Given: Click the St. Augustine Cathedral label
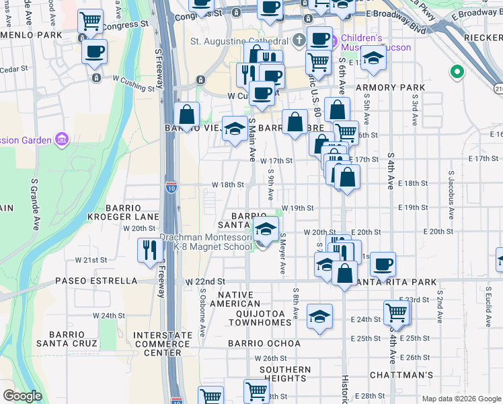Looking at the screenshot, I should [239, 42].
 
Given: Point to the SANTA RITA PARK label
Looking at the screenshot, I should [397, 282].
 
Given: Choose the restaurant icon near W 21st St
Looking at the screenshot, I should [149, 250].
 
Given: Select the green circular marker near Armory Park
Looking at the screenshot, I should [457, 71].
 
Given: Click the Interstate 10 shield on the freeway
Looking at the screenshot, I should [171, 186].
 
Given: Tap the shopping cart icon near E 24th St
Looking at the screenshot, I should [397, 312].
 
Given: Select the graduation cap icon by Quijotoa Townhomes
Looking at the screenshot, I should [319, 315].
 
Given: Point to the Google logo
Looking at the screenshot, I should [22, 396].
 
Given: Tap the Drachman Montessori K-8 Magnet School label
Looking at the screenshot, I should [205, 242].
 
